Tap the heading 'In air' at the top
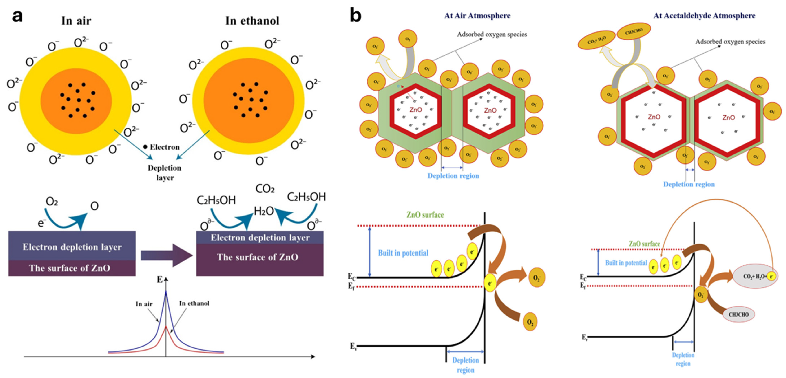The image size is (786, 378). pyautogui.click(x=76, y=21)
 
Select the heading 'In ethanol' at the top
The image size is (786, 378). pyautogui.click(x=252, y=21)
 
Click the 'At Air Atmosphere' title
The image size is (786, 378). pyautogui.click(x=477, y=16)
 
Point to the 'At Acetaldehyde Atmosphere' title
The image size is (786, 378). pyautogui.click(x=704, y=16)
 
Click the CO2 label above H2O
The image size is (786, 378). pyautogui.click(x=265, y=189)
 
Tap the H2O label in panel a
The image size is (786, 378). pyautogui.click(x=264, y=211)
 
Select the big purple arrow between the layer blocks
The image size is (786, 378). pyautogui.click(x=166, y=255)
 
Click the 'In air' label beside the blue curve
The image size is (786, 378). pyautogui.click(x=144, y=304)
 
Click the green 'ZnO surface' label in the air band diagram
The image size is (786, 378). pyautogui.click(x=425, y=215)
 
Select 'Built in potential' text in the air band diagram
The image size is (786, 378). pyautogui.click(x=403, y=253)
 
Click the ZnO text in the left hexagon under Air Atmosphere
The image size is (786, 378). pyautogui.click(x=416, y=110)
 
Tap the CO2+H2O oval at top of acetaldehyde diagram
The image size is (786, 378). pyautogui.click(x=596, y=40)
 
